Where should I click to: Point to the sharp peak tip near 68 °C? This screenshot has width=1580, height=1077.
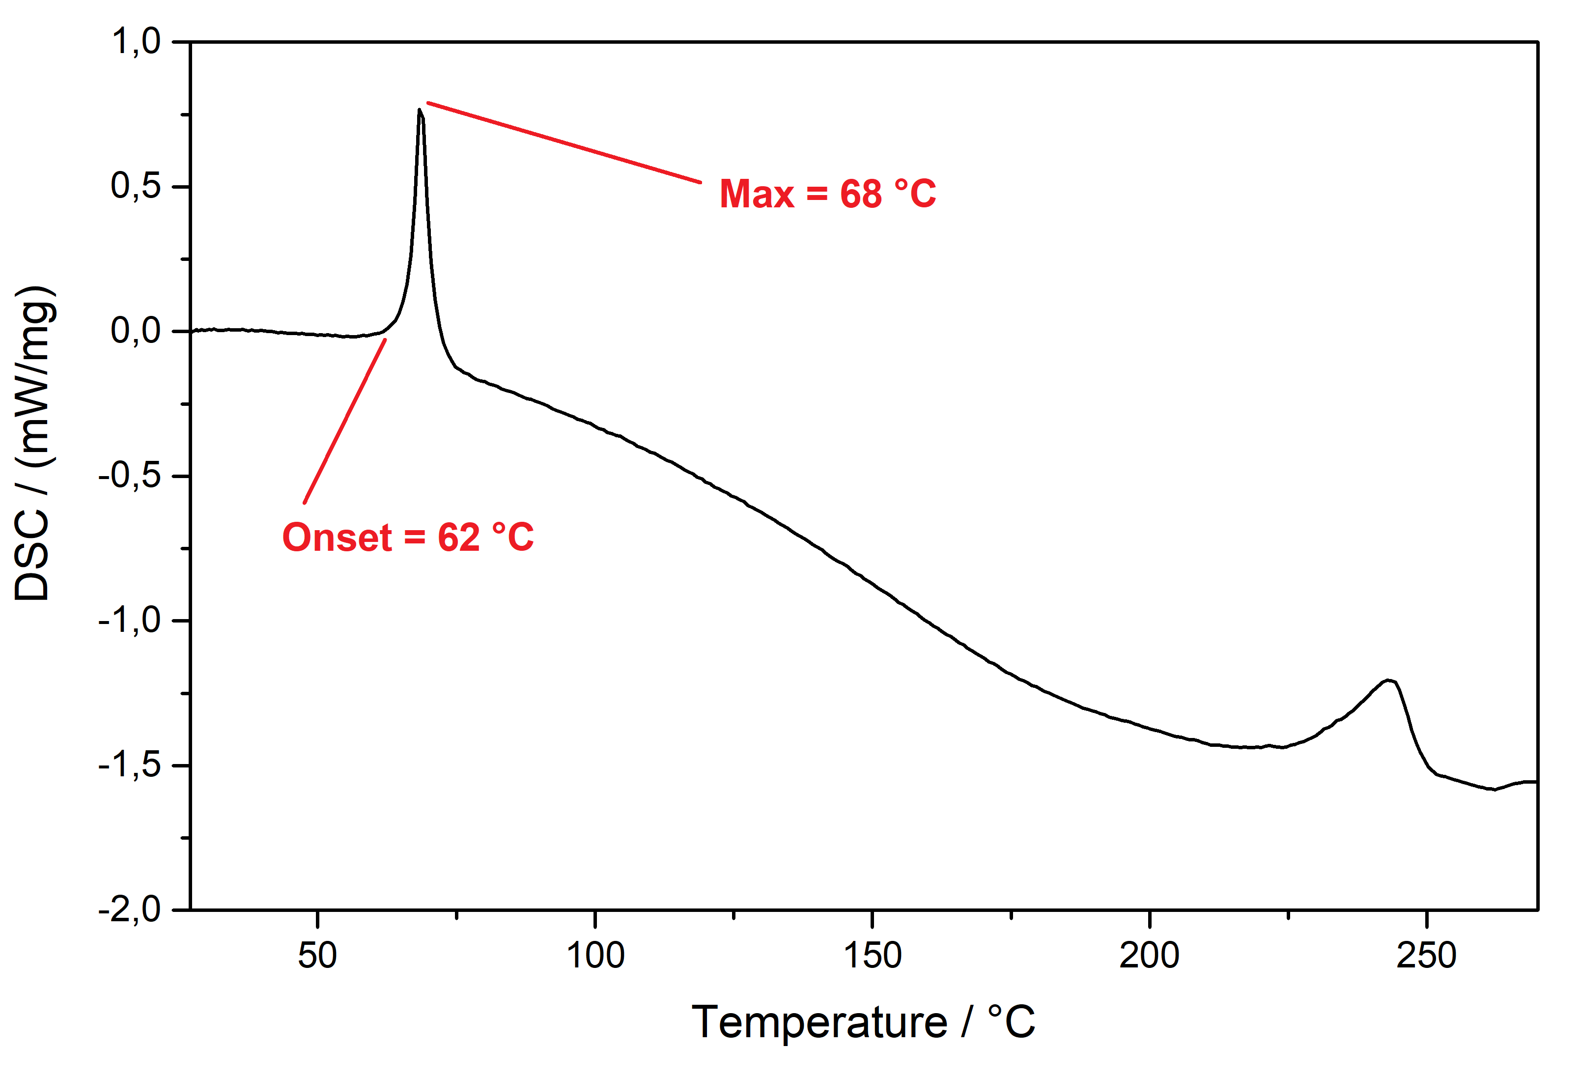pyautogui.click(x=420, y=110)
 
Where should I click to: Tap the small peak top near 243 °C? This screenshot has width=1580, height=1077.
pyautogui.click(x=1389, y=680)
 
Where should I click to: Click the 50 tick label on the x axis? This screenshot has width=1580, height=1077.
pyautogui.click(x=317, y=955)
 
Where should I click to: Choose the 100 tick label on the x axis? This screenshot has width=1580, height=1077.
pyautogui.click(x=595, y=955)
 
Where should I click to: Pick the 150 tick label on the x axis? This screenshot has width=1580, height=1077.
pyautogui.click(x=872, y=955)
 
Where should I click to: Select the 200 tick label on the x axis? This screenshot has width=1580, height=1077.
pyautogui.click(x=1149, y=955)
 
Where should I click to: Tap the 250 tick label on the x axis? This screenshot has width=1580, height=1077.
pyautogui.click(x=1426, y=955)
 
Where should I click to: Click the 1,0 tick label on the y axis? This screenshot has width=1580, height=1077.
pyautogui.click(x=136, y=42)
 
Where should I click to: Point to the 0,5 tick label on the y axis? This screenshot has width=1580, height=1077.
pyautogui.click(x=136, y=186)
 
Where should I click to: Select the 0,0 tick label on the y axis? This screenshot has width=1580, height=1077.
pyautogui.click(x=136, y=331)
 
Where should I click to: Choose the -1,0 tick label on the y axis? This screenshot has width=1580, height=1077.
pyautogui.click(x=130, y=620)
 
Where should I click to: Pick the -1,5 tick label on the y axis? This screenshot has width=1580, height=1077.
pyautogui.click(x=130, y=765)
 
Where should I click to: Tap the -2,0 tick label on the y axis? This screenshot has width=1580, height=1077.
pyautogui.click(x=130, y=909)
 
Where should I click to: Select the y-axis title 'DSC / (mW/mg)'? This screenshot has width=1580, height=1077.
pyautogui.click(x=32, y=443)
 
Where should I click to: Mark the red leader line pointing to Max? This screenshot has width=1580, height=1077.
pyautogui.click(x=564, y=143)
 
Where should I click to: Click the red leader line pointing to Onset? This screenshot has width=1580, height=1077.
pyautogui.click(x=345, y=421)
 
